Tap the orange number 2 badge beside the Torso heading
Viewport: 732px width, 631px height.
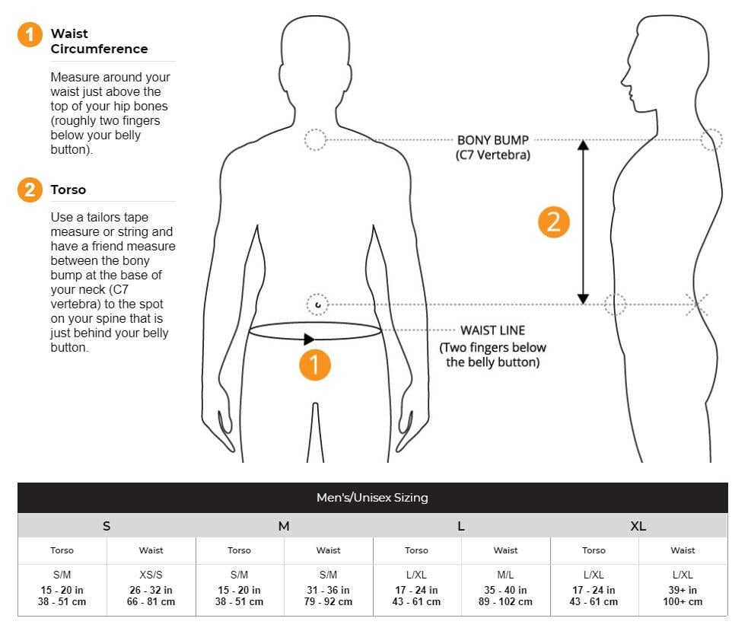click(x=30, y=190)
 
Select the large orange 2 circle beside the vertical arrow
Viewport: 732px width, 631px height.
click(x=553, y=221)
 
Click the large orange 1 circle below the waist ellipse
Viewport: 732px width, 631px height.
click(x=314, y=365)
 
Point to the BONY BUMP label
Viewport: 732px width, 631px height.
click(x=492, y=140)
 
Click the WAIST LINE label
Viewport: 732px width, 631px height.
click(x=492, y=330)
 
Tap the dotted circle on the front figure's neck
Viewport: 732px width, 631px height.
click(x=315, y=140)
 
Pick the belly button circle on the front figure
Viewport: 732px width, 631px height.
click(x=317, y=305)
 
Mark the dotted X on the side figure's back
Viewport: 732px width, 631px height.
click(x=696, y=304)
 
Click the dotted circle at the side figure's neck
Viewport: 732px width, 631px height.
click(x=711, y=140)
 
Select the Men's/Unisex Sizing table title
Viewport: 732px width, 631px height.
click(x=372, y=498)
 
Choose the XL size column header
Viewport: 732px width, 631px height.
click(x=638, y=526)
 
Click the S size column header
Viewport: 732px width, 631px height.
click(x=107, y=526)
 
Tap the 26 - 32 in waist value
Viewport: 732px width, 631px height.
click(x=151, y=590)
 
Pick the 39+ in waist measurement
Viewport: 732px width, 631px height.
click(x=683, y=590)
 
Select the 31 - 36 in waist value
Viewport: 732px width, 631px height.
click(x=328, y=590)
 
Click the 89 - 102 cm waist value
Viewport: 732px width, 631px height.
click(x=505, y=602)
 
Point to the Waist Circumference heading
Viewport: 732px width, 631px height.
click(x=99, y=41)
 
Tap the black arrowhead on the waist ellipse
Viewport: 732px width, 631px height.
click(x=309, y=339)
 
